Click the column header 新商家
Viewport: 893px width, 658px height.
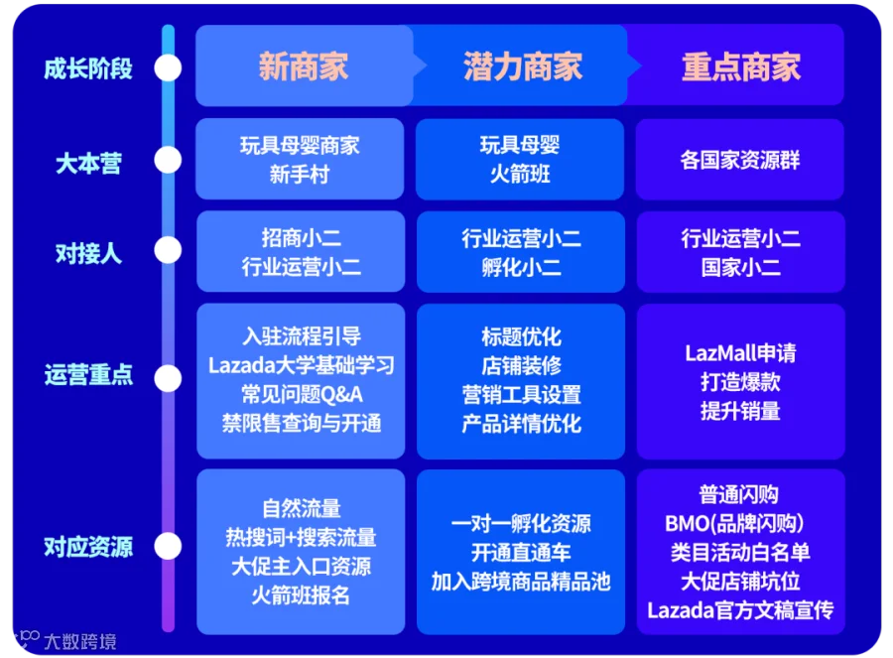click(x=303, y=66)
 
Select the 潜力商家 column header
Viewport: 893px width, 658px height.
click(x=522, y=66)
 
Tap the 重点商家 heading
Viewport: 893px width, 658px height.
click(x=740, y=66)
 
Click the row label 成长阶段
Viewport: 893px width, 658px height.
click(x=88, y=68)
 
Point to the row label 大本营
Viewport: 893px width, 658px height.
click(x=88, y=163)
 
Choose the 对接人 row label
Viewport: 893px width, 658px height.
click(x=88, y=252)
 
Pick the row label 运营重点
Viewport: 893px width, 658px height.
click(x=88, y=376)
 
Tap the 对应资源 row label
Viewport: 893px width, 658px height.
click(x=88, y=547)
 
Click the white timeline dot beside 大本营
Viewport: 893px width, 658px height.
click(x=169, y=160)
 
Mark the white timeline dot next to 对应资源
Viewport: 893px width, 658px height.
click(x=169, y=546)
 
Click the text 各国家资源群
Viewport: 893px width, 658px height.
click(x=740, y=160)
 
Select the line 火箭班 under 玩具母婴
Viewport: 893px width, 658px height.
click(x=521, y=175)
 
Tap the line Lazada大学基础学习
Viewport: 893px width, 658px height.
click(x=301, y=365)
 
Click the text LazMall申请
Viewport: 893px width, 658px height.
click(x=740, y=353)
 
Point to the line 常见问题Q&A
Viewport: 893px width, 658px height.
click(x=301, y=394)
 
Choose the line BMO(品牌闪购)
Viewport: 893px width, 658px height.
click(x=740, y=523)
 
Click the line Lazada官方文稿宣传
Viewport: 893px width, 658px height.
click(x=740, y=609)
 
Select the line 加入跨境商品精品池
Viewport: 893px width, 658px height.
click(x=521, y=582)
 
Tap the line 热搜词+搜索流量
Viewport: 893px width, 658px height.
click(x=301, y=538)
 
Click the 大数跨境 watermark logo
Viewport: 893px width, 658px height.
click(x=64, y=641)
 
